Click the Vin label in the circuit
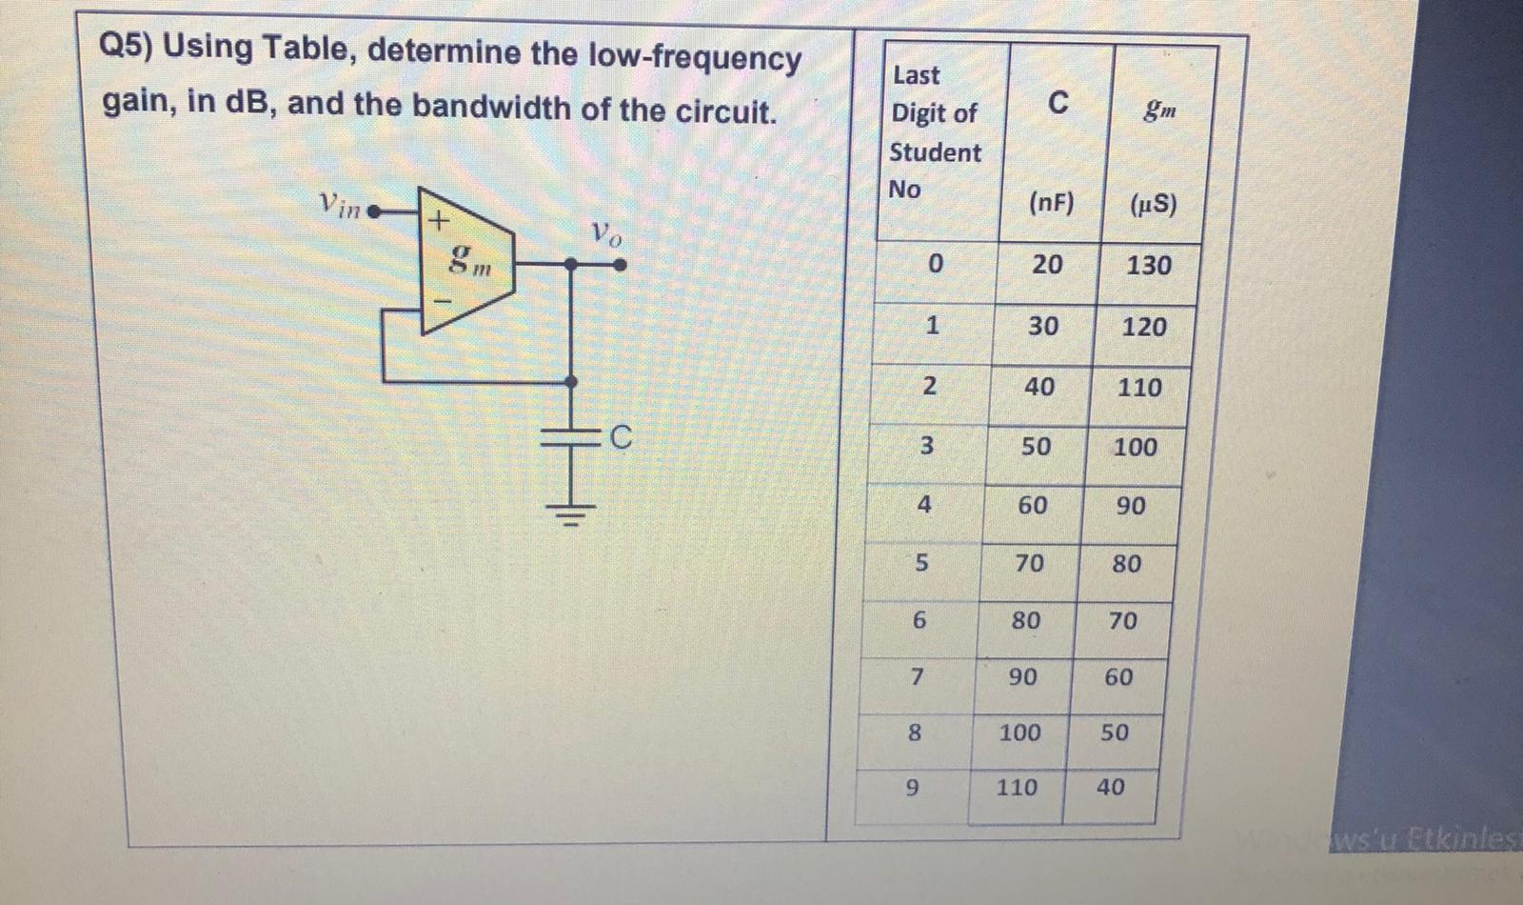[340, 204]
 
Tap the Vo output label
[605, 233]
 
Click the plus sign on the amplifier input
[437, 221]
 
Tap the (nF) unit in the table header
[1051, 203]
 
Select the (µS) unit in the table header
[1154, 205]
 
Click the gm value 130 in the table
[1149, 265]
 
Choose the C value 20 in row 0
[1047, 264]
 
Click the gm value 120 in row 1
[1144, 327]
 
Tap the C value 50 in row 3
[1036, 446]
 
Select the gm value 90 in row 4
[1130, 506]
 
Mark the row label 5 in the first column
[920, 563]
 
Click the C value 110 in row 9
[1017, 788]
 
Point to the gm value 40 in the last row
[1110, 787]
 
